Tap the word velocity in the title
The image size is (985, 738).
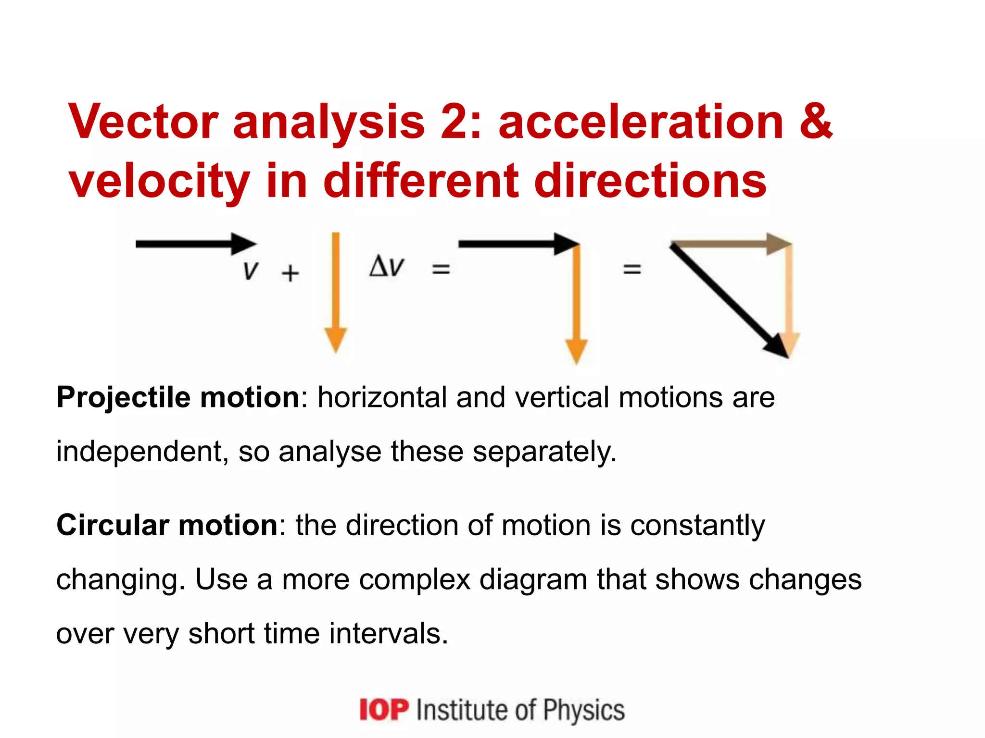point(159,182)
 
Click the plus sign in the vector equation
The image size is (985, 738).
point(290,273)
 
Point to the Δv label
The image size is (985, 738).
point(387,267)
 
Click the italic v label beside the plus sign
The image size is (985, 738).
point(251,271)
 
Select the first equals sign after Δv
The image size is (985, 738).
point(441,269)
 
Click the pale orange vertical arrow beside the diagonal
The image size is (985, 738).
point(789,298)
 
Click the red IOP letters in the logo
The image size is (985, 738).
point(384,710)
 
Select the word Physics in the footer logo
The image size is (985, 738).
point(584,710)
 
